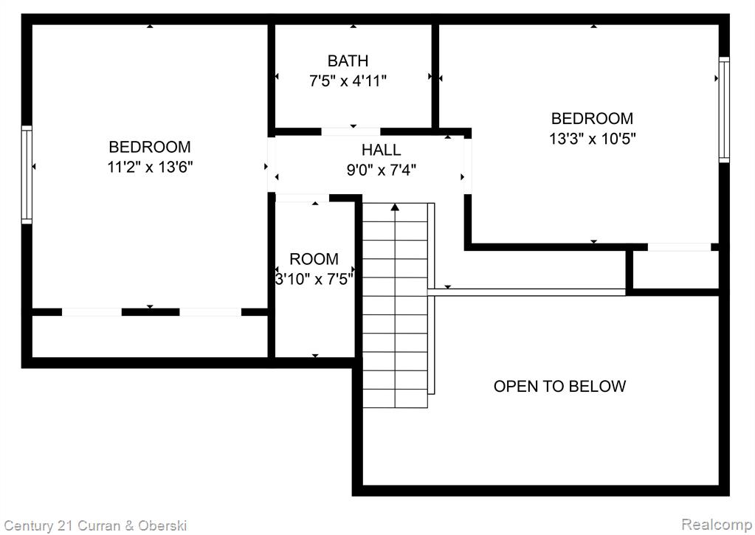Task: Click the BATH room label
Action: point(348,61)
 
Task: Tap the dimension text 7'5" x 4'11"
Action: point(348,81)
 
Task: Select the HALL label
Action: point(381,150)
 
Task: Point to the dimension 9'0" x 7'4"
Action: point(382,170)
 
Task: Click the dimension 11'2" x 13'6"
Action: point(150,167)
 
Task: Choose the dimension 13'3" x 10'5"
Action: point(592,139)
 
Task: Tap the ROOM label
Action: point(314,259)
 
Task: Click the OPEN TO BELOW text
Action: point(559,386)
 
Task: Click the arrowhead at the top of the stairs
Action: point(395,207)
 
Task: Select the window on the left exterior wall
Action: point(27,174)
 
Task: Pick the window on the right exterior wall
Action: point(724,109)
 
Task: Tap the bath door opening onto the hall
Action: point(351,131)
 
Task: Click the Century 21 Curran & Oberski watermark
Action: point(95,525)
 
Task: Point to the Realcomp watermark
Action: point(717,525)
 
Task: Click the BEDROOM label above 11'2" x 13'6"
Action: point(150,147)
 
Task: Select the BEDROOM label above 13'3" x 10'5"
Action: point(592,119)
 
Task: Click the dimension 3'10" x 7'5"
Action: point(314,279)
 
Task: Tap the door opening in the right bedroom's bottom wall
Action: point(680,247)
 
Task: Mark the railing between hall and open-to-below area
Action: point(526,291)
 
